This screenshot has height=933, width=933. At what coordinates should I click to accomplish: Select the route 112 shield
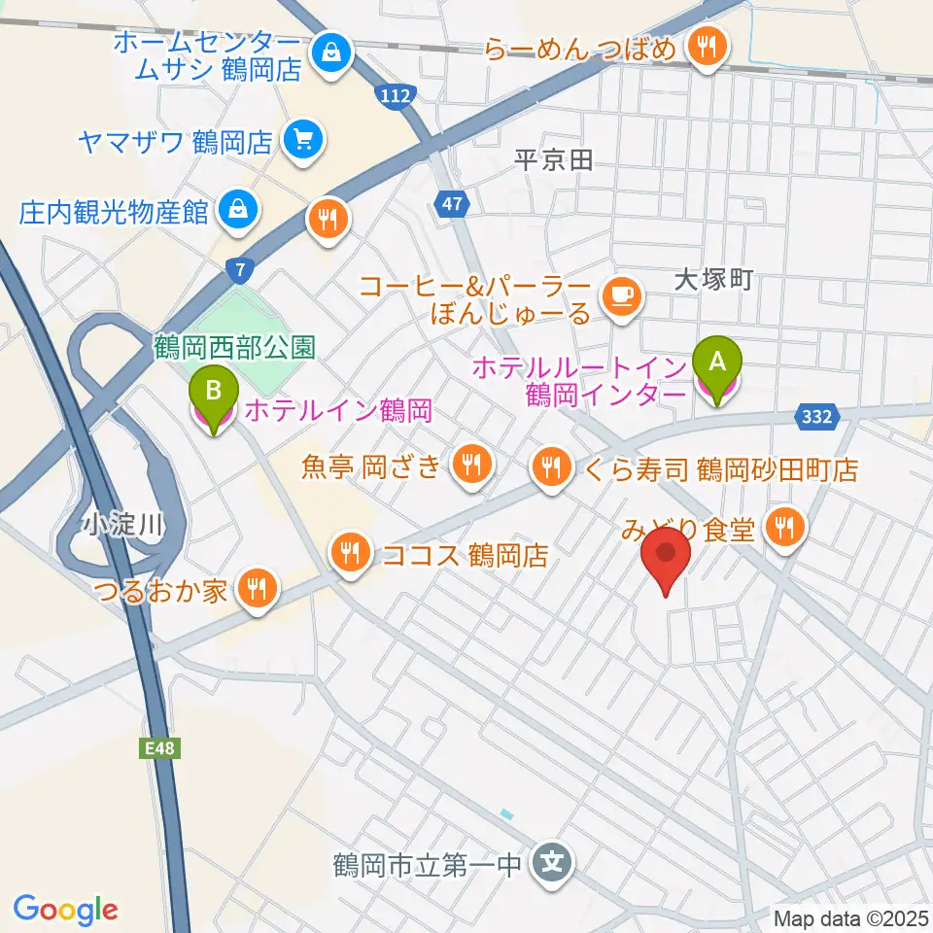397,94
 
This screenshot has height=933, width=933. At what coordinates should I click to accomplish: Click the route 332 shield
815,416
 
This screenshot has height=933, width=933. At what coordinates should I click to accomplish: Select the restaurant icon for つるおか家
257,588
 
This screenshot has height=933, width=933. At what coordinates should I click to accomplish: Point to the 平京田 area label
554,161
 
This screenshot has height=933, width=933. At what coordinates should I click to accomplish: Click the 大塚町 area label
714,282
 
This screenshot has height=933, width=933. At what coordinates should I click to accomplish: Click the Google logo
65,910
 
